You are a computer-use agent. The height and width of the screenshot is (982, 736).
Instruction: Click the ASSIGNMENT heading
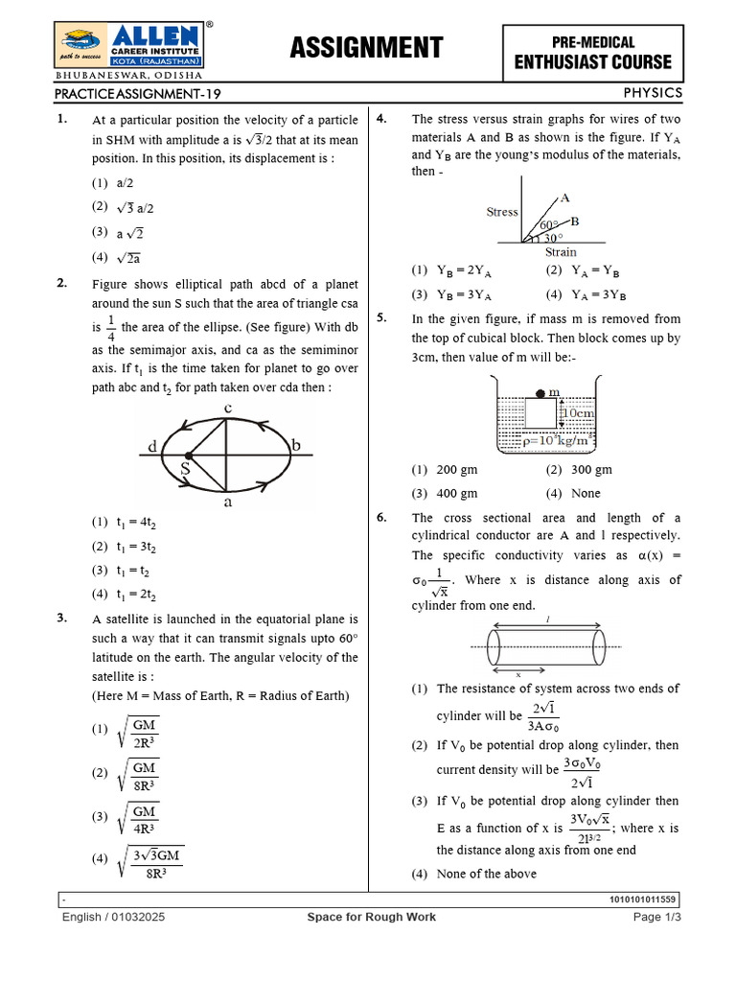tap(367, 47)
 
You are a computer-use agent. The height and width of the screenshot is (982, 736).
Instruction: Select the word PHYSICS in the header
tap(653, 92)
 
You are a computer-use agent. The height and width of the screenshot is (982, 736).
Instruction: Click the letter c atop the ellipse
tap(227, 409)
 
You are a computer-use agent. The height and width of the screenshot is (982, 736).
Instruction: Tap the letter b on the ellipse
tap(296, 445)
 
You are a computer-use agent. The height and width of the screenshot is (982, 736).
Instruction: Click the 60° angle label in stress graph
tap(548, 223)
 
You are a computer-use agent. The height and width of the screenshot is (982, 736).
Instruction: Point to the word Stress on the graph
tap(502, 212)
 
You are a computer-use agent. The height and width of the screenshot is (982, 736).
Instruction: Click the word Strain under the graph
tap(561, 252)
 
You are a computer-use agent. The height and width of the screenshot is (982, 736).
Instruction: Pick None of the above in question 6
tap(474, 874)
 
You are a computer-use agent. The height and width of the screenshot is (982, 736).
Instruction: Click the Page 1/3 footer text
tap(656, 917)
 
